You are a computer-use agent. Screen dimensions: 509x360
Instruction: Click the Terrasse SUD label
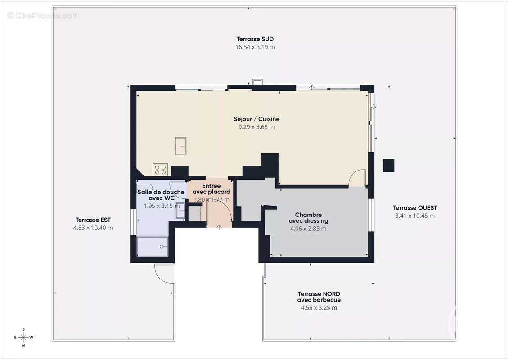click(255, 39)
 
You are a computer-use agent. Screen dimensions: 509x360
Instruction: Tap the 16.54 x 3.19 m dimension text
click(255, 47)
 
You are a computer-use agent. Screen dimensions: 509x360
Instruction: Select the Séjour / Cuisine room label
click(257, 119)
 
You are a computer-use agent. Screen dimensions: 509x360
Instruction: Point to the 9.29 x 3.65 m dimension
click(257, 127)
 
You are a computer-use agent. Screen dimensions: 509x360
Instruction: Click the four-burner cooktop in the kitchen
click(160, 170)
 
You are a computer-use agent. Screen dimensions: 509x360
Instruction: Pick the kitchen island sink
click(181, 146)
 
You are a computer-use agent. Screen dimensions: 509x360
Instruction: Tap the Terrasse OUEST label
click(415, 208)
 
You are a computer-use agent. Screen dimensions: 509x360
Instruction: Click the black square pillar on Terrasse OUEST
click(388, 166)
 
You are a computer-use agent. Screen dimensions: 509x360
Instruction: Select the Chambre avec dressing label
click(308, 218)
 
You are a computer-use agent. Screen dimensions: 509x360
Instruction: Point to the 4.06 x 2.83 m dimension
click(308, 229)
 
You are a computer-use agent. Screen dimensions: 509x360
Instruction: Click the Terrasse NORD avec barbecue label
click(319, 297)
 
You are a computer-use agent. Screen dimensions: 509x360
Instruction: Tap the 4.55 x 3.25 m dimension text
click(319, 308)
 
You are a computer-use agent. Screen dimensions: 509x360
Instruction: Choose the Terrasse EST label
click(93, 220)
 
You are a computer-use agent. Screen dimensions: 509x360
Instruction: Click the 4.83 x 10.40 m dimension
click(93, 228)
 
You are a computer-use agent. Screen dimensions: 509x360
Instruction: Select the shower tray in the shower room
click(153, 247)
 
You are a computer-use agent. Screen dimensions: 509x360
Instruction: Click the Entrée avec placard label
click(212, 189)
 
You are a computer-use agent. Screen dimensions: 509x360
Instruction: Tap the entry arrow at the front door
click(219, 227)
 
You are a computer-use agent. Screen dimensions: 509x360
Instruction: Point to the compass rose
click(23, 337)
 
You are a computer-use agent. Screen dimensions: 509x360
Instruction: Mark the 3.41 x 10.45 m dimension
click(415, 216)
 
